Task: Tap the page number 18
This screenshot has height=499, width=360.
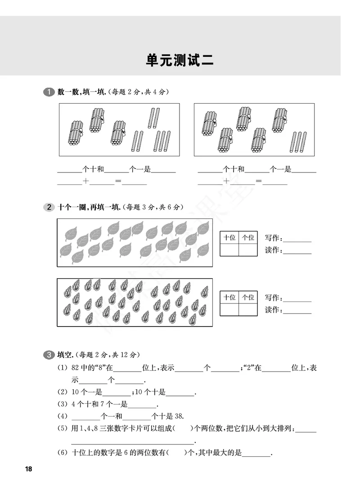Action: (28, 470)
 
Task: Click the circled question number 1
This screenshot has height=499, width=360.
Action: (49, 92)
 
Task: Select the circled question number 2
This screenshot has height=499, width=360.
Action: (49, 208)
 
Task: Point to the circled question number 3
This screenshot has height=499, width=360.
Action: (49, 355)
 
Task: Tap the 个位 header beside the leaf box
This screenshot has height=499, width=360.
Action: (248, 238)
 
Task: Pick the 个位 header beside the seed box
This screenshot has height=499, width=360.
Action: (248, 297)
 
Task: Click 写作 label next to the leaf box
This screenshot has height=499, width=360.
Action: (273, 238)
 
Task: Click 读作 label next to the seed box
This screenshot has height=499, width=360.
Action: (273, 310)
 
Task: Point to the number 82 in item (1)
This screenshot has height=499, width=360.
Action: (76, 368)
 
